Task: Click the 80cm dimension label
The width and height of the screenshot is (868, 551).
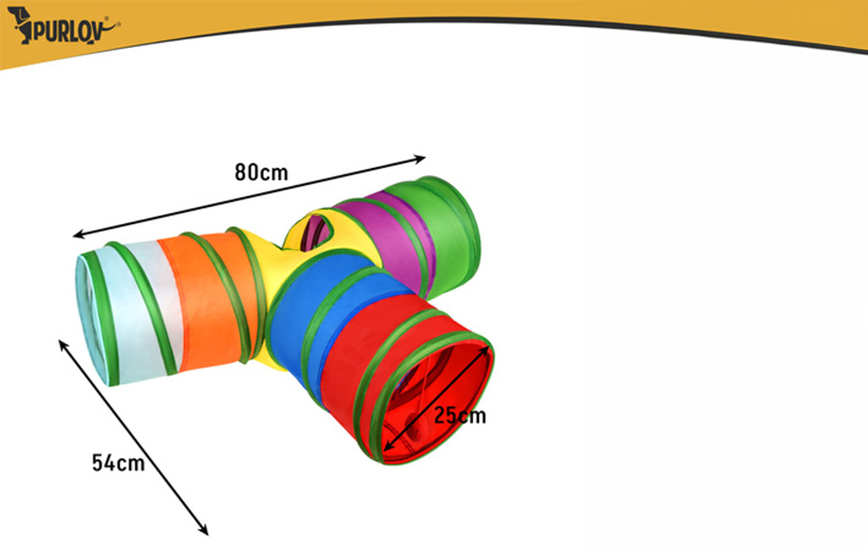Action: click(x=261, y=172)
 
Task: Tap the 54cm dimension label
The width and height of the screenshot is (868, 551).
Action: click(x=118, y=463)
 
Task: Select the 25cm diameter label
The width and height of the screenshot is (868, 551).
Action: click(x=460, y=416)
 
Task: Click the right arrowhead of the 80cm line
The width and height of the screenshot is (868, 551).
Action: click(x=421, y=158)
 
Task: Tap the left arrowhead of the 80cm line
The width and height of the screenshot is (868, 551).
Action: click(x=78, y=234)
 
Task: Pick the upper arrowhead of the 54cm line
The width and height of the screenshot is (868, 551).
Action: click(x=63, y=345)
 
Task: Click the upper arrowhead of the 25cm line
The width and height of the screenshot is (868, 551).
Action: click(x=484, y=351)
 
